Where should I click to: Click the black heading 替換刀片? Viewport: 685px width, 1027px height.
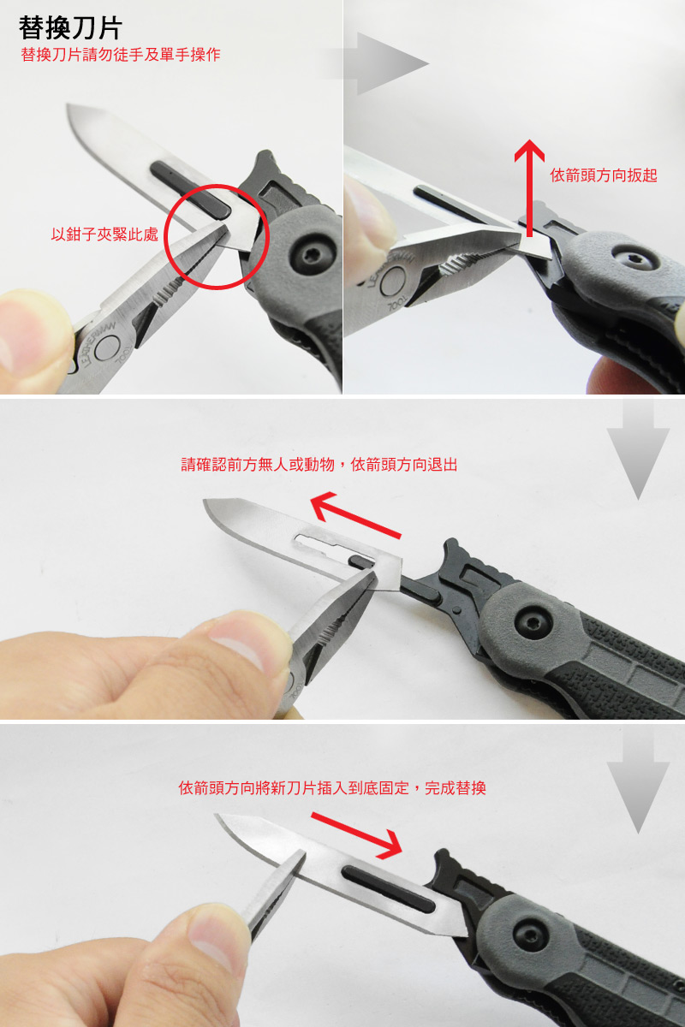point(70,27)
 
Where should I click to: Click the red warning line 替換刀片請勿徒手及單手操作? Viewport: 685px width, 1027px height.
point(121,55)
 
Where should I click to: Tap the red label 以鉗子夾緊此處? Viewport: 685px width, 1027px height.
point(104,234)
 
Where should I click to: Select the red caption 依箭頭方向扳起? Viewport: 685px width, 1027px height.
point(604,175)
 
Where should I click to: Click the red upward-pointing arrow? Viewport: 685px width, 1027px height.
point(529,188)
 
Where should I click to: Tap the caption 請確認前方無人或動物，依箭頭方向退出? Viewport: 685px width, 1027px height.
point(319,465)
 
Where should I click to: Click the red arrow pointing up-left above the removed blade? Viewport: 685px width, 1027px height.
point(355,514)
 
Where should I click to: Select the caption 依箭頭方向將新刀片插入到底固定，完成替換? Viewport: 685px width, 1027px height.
point(332,787)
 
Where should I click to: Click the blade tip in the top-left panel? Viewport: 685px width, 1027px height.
point(68,105)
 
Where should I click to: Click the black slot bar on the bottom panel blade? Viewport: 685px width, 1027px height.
point(388,888)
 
